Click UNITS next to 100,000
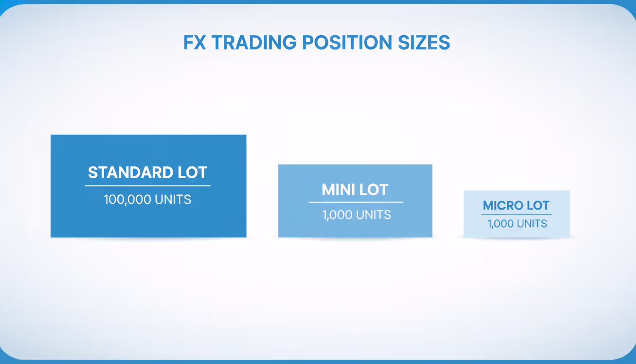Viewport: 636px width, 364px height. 173,200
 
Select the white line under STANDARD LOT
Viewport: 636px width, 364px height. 148,186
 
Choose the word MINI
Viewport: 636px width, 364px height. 337,190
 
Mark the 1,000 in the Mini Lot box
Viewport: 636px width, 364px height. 337,215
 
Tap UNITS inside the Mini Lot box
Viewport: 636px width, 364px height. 374,215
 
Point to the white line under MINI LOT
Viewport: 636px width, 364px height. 356,202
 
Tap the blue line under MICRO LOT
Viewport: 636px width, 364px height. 516,214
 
